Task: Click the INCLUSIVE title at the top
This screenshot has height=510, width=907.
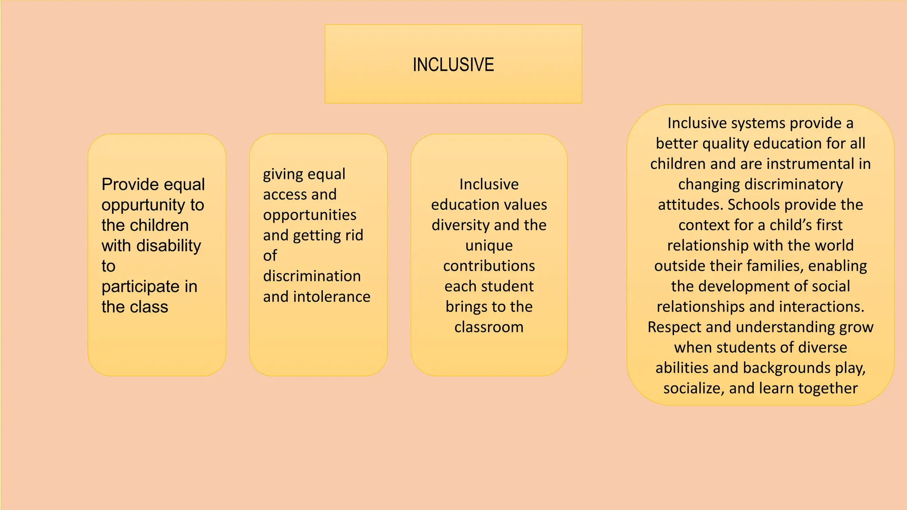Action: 453,65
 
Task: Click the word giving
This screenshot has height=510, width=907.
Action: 283,174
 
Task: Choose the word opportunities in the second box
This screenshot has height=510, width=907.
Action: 310,215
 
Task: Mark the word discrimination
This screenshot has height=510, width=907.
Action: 312,276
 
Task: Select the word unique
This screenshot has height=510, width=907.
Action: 489,245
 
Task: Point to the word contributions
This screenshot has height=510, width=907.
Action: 489,266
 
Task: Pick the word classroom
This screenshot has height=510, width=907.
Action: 489,327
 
